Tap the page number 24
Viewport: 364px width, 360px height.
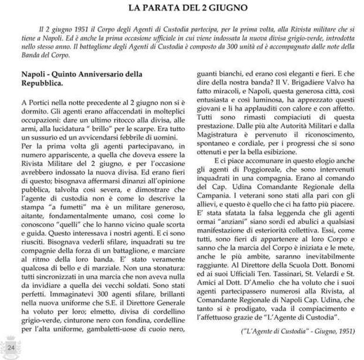[x=11, y=349]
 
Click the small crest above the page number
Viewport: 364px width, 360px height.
[x=11, y=339]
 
